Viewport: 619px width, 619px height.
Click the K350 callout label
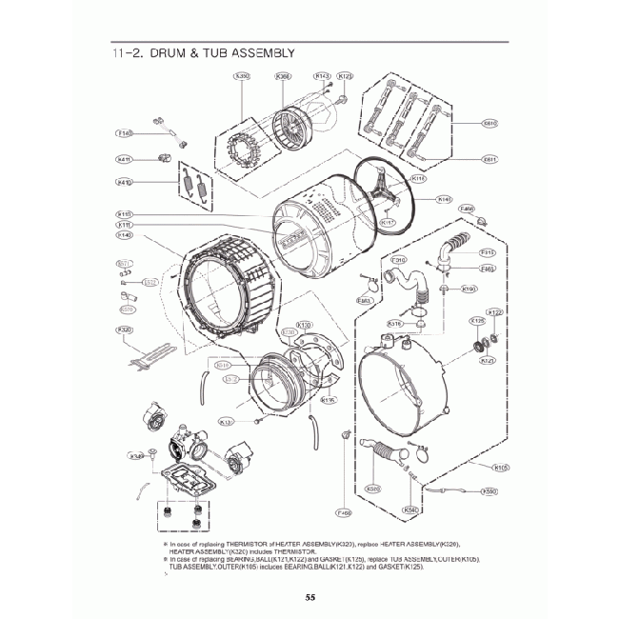[242, 76]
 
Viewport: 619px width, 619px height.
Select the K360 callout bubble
[283, 76]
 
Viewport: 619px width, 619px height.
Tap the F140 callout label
[125, 133]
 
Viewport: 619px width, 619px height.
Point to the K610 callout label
[490, 123]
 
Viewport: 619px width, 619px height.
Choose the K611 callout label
[490, 159]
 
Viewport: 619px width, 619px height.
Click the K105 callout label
[502, 467]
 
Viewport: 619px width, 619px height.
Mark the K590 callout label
[489, 491]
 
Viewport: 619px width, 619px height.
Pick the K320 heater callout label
[125, 329]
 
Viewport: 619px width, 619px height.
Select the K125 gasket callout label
[478, 321]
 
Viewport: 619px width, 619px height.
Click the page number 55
[310, 598]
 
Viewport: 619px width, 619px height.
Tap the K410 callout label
[125, 182]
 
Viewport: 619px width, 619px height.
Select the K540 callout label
[411, 509]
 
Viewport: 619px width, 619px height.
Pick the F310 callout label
[399, 259]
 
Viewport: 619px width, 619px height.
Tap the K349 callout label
[137, 456]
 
